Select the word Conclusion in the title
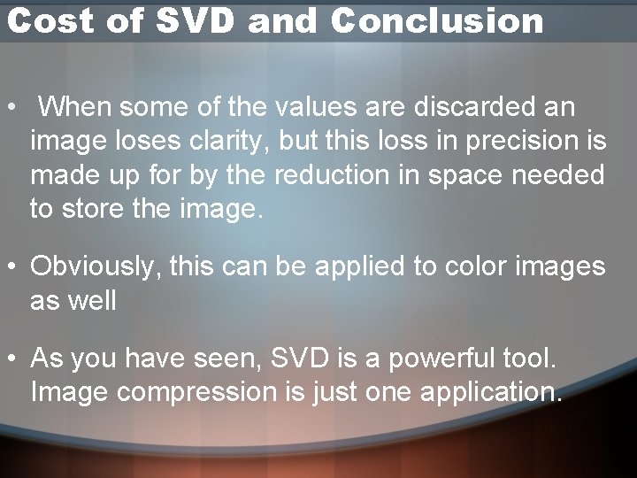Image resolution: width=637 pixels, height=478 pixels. tap(437, 21)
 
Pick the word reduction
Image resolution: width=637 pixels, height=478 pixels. tap(339, 176)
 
